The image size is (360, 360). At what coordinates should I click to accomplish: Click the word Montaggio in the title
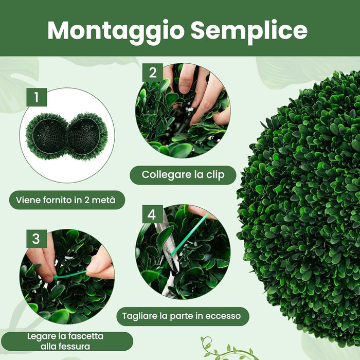coord(116,30)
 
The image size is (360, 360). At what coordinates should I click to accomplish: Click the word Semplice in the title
coord(249,30)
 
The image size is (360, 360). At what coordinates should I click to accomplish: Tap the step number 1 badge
coord(37,97)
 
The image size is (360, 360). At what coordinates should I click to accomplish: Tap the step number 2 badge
coord(152,73)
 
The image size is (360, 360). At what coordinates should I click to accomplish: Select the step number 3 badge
coord(35,239)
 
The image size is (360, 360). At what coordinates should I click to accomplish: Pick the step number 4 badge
coord(152,214)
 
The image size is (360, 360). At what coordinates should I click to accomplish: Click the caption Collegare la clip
coord(183,175)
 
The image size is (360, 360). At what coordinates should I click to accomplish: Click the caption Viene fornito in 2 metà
coord(67,200)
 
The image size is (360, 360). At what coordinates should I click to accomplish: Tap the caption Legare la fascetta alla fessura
coord(65,341)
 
